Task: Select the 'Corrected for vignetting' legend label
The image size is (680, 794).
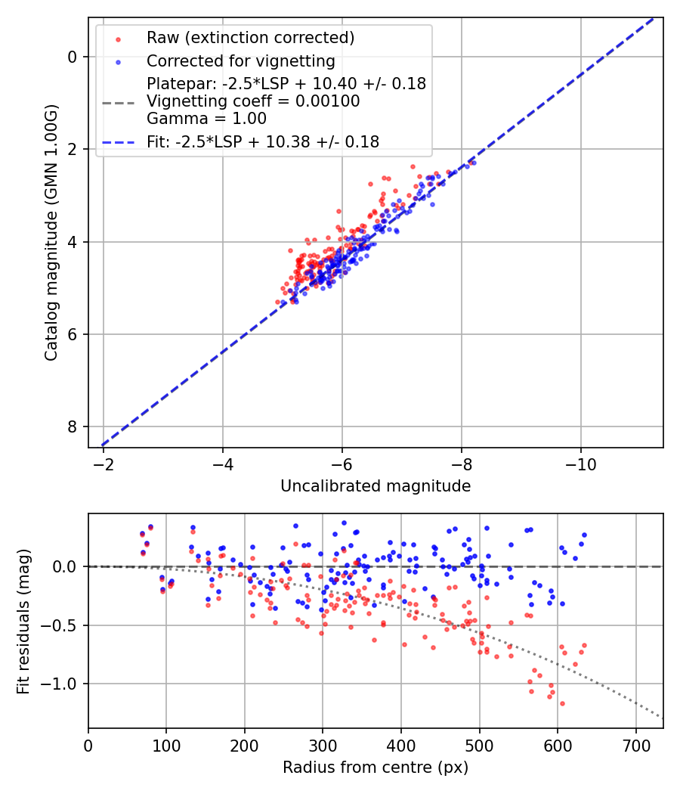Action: [x=240, y=60]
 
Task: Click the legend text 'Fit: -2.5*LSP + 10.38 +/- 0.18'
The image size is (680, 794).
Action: [x=263, y=141]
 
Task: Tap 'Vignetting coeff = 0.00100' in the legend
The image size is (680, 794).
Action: [x=253, y=101]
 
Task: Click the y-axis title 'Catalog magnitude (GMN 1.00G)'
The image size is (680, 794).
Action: [x=51, y=233]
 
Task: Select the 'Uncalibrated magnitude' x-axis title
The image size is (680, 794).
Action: [x=376, y=486]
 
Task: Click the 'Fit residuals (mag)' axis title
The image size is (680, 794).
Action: [x=23, y=620]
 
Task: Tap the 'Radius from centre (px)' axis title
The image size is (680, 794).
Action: [x=376, y=768]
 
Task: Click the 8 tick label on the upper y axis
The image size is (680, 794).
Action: [x=73, y=427]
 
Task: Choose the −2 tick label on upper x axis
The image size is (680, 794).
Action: [x=104, y=461]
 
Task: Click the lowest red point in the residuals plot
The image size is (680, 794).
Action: [x=562, y=703]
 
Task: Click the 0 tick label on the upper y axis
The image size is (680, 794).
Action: [x=73, y=57]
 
